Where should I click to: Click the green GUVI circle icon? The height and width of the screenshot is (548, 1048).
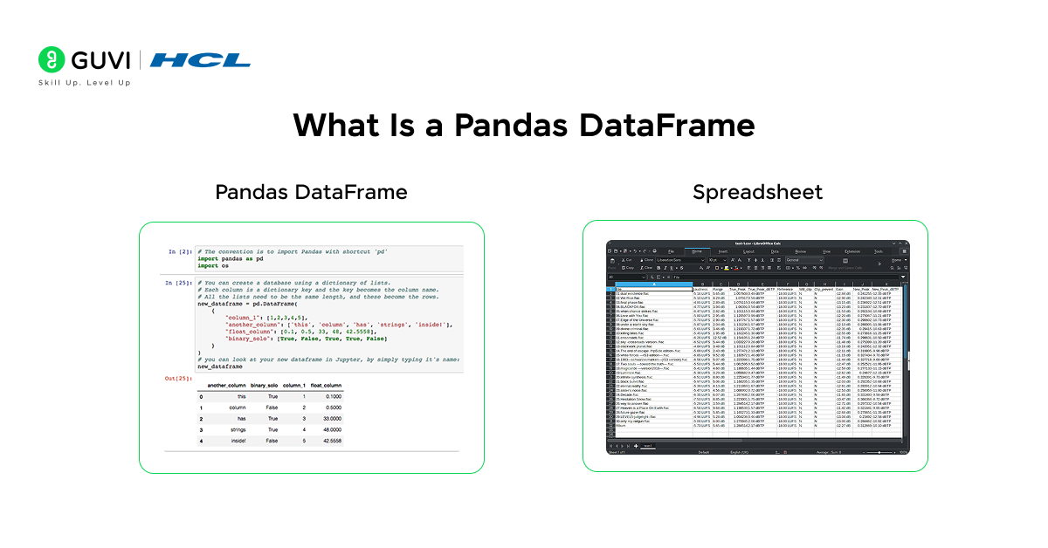(52, 60)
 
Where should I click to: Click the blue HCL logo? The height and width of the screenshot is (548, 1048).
(200, 60)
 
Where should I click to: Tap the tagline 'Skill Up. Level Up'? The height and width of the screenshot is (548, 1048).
(84, 83)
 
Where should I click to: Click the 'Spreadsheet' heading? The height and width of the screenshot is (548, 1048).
(757, 192)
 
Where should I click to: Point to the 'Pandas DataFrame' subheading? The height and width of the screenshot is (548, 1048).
(311, 192)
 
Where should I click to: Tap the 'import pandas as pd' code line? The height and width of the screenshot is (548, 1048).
(231, 259)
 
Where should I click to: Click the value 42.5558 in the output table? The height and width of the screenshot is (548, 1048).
(328, 442)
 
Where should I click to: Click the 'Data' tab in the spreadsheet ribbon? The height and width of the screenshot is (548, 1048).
(774, 251)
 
